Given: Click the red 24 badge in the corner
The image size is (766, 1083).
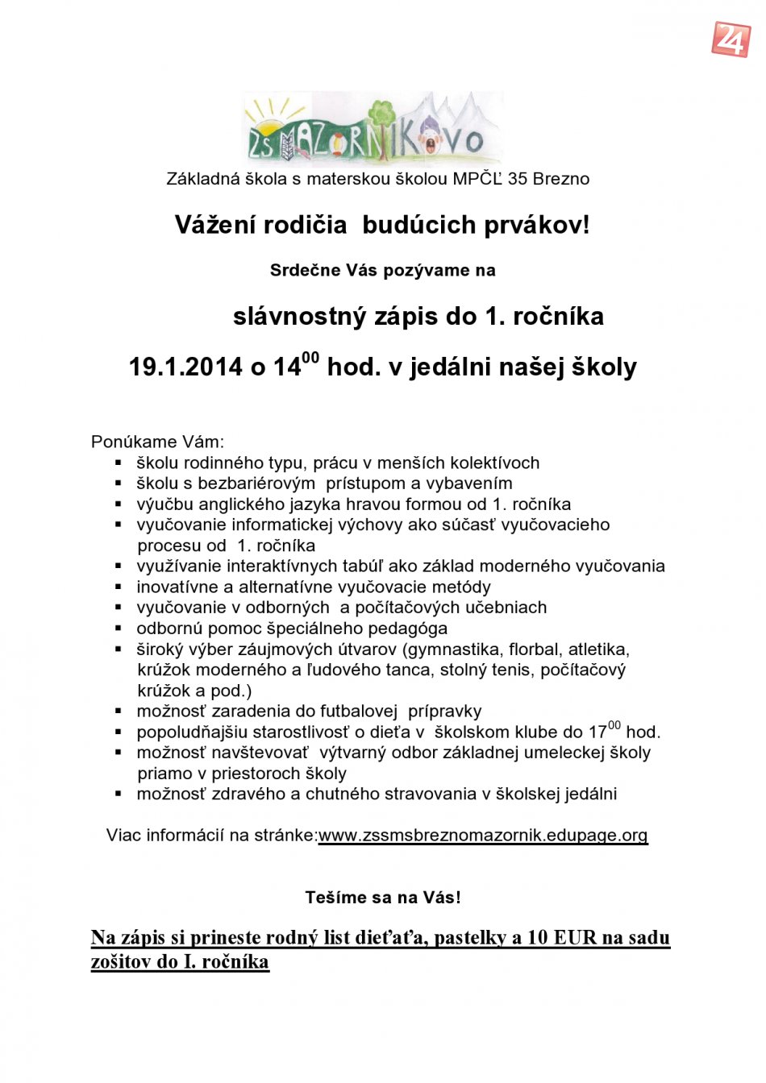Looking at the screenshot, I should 731,39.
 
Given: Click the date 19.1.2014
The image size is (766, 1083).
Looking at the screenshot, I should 185,367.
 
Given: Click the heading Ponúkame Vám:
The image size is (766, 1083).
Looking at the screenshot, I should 157,442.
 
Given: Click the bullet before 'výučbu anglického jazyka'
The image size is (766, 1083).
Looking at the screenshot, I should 119,504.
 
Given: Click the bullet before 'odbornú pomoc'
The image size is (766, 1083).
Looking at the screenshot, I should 119,629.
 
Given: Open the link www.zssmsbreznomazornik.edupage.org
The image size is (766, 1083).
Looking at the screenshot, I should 483,836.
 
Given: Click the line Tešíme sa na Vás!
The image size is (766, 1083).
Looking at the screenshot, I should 383,898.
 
